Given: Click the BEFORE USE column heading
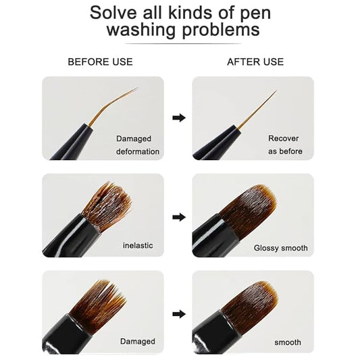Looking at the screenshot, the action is pyautogui.click(x=100, y=61).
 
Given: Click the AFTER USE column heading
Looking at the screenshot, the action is pyautogui.click(x=255, y=61).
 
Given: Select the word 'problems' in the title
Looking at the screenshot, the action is pyautogui.click(x=221, y=30).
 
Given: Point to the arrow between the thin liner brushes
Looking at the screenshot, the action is pyautogui.click(x=179, y=118).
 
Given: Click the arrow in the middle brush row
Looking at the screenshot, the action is pyautogui.click(x=179, y=217).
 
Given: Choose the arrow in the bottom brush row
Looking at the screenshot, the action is pyautogui.click(x=179, y=314).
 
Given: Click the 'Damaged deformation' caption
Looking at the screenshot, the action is pyautogui.click(x=138, y=145).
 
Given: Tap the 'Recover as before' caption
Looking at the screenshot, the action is pyautogui.click(x=285, y=145).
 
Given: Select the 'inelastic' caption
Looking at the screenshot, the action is pyautogui.click(x=138, y=245).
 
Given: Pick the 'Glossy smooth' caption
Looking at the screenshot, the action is pyautogui.click(x=280, y=248).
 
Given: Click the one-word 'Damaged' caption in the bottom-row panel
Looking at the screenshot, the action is pyautogui.click(x=138, y=341).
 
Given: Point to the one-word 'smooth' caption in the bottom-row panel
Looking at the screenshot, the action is pyautogui.click(x=288, y=342).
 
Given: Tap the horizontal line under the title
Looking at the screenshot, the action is pyautogui.click(x=183, y=43).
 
